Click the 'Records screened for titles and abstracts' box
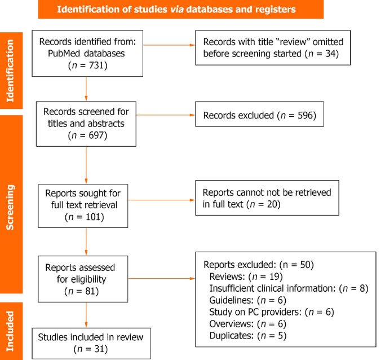[86, 121]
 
